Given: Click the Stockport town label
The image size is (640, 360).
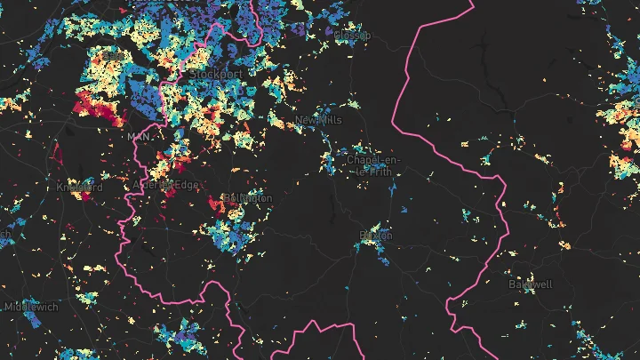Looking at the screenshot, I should pyautogui.click(x=215, y=73).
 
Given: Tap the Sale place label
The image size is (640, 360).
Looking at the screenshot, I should pyautogui.click(x=114, y=55).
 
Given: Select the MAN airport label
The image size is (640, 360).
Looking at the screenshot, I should pyautogui.click(x=139, y=137).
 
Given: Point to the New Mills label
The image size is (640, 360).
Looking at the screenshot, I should pyautogui.click(x=318, y=119).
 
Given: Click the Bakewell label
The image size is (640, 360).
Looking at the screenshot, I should pyautogui.click(x=531, y=284).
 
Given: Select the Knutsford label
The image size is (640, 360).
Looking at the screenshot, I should pyautogui.click(x=79, y=188).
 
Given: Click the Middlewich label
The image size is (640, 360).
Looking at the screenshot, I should pyautogui.click(x=31, y=306).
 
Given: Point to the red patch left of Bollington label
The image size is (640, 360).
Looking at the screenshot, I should pyautogui.click(x=216, y=205).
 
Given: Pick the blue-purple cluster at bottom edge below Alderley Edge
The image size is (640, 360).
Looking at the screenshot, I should pyautogui.click(x=178, y=338).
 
